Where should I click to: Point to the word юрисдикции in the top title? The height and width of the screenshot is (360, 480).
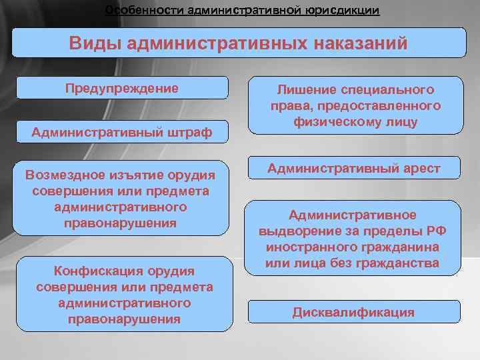(x=339, y=11)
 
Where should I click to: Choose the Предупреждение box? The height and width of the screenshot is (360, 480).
(x=122, y=89)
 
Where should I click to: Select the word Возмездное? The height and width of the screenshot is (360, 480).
(x=61, y=175)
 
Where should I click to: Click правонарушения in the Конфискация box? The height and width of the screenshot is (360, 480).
(x=124, y=319)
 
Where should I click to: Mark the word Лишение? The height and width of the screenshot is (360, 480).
(x=301, y=90)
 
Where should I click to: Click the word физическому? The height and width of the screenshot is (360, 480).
(x=331, y=122)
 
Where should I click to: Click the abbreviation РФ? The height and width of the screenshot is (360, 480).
(x=437, y=231)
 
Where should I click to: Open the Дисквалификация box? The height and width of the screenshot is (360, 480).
(x=353, y=312)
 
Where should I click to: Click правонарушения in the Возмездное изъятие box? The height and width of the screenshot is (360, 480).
(x=120, y=223)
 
